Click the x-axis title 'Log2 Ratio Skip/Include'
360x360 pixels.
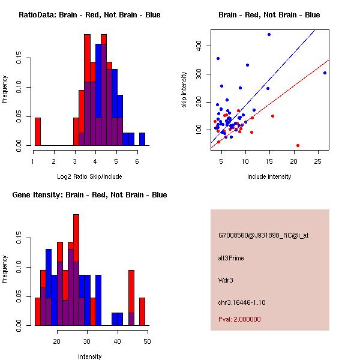[x=89, y=176]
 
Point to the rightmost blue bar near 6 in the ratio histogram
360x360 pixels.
[x=142, y=139]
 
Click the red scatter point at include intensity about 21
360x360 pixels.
[x=298, y=145]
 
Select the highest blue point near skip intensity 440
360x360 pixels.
[x=269, y=34]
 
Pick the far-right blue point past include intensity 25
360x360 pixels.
[x=325, y=73]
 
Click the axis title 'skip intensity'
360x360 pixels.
[x=185, y=89]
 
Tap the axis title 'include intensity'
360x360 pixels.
[x=269, y=176]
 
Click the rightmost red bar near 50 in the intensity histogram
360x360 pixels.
[x=142, y=311]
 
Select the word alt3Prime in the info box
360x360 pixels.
[x=231, y=258]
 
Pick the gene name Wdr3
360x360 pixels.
[x=225, y=280]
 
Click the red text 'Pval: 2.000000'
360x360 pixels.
[x=240, y=319]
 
